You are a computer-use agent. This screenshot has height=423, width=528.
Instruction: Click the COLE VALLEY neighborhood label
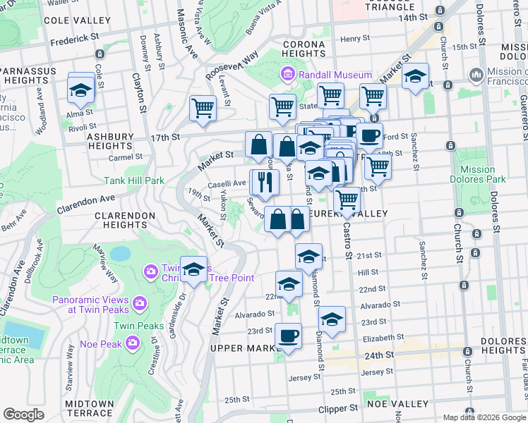coord(73,20)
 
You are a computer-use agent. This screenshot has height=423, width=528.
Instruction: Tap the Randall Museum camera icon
coord(288,75)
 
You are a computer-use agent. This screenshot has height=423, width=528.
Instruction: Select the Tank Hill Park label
coord(134,180)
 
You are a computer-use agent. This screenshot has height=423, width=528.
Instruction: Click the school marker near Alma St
coord(81,90)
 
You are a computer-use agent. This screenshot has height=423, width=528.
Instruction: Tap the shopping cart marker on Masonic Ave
coord(203,109)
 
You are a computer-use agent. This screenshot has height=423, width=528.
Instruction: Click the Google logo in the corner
coord(24,415)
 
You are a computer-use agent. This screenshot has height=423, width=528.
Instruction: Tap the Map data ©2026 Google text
coord(484,417)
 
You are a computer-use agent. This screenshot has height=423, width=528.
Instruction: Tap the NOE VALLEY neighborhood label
coord(400,404)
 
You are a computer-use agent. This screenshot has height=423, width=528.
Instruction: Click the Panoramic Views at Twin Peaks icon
coord(140,302)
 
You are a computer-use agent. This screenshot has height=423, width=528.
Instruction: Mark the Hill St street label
coord(368,272)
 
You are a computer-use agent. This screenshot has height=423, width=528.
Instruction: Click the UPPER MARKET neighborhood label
coord(246,349)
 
